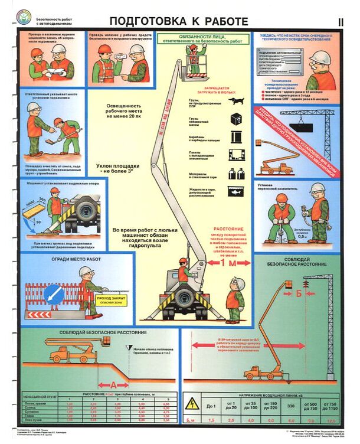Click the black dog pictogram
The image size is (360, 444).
click(x=237, y=102)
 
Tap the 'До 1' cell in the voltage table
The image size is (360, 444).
click(x=212, y=407)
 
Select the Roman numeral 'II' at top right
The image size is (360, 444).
click(x=341, y=22)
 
